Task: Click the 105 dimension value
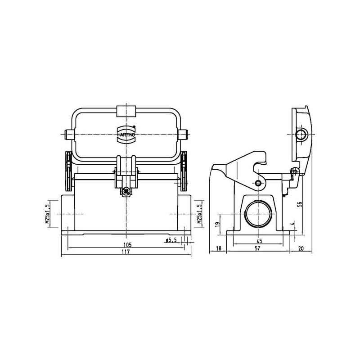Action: [x=127, y=245]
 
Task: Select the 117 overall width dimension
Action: [x=126, y=252]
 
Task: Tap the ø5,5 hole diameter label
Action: [x=171, y=240]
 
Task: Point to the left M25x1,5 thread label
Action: [x=47, y=214]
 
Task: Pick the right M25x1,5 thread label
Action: [x=199, y=214]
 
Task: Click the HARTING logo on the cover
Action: [x=126, y=135]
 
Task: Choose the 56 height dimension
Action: [x=300, y=204]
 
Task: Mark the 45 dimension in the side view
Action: [x=259, y=241]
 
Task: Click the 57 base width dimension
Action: [x=257, y=248]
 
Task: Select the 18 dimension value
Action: [x=219, y=248]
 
